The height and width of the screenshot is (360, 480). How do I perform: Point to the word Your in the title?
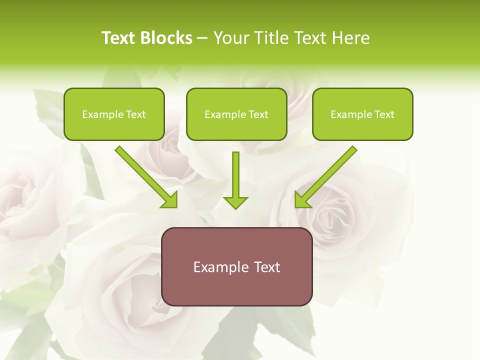(232, 38)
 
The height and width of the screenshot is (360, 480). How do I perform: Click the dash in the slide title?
(203, 38)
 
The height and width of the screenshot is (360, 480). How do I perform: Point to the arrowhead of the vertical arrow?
(235, 202)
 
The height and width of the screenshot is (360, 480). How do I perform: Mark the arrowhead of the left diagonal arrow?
(171, 200)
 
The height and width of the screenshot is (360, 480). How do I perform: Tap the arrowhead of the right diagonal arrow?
(301, 200)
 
